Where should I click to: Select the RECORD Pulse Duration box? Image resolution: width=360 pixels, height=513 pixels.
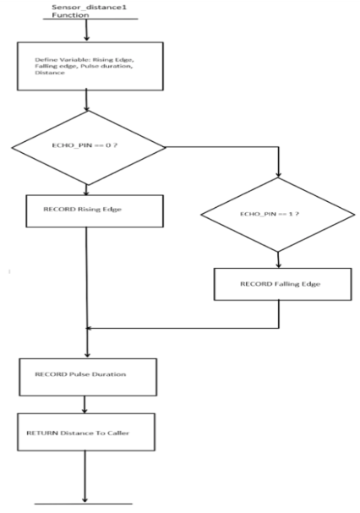point(87,372)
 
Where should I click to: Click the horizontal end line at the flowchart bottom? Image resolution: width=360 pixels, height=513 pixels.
point(85,504)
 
